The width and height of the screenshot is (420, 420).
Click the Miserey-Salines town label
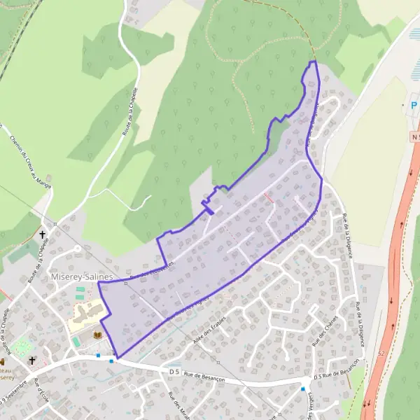click(82, 277)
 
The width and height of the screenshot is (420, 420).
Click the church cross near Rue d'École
click(32, 361)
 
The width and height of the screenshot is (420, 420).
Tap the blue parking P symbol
click(414, 106)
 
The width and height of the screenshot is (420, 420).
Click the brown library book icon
click(97, 337)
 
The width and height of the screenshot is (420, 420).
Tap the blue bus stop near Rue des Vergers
click(303, 388)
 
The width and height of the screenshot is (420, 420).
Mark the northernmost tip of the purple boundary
click(313, 62)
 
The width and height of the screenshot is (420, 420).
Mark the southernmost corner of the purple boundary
click(117, 358)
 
